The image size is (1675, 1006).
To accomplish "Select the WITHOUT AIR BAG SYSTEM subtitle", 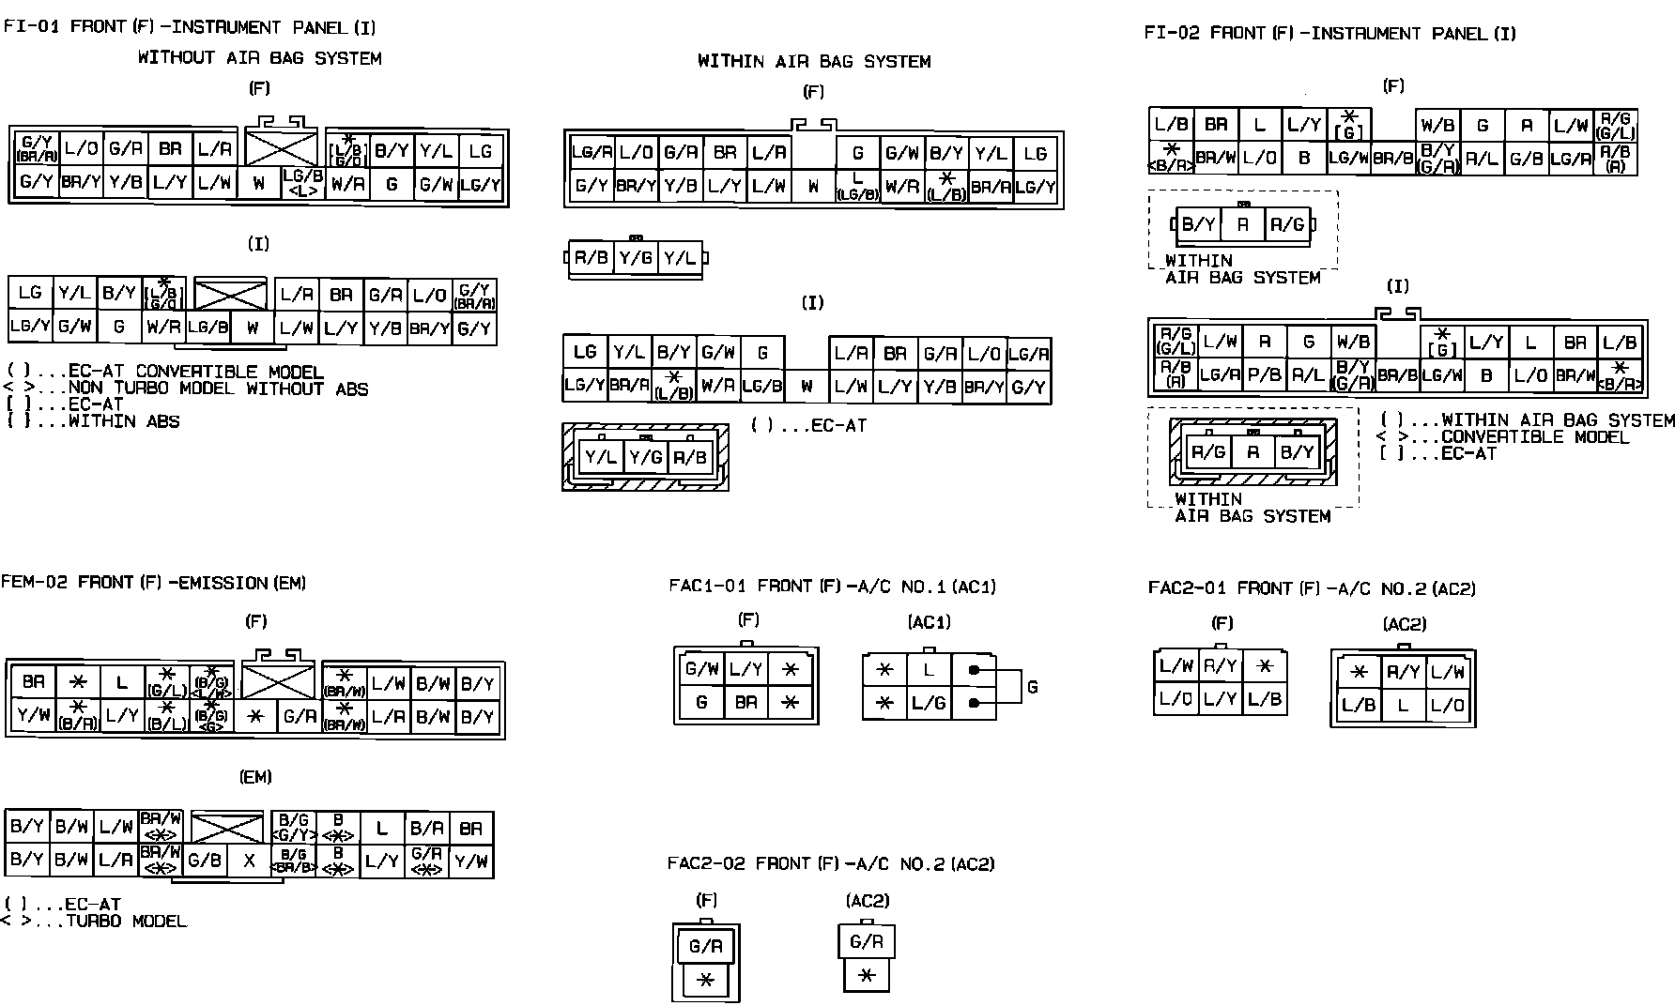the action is point(260,58).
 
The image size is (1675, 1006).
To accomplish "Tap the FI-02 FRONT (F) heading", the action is point(1329,34).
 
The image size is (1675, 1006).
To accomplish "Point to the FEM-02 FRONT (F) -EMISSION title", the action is point(154,583).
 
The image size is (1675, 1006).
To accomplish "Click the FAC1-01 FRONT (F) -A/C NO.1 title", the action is point(832,587).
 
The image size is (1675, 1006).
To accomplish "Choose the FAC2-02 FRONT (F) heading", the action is point(831,863).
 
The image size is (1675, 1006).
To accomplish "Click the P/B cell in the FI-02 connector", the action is point(1264,374).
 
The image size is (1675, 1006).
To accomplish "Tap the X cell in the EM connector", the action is point(249,861).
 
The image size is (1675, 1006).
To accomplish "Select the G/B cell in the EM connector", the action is point(205,861).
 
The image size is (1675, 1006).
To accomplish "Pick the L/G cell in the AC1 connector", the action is point(929,703).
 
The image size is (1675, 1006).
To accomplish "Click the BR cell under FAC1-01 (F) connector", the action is point(746,702).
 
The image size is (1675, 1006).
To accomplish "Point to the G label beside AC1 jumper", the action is point(1032,687).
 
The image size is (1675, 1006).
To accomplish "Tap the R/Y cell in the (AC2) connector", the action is point(1403,672).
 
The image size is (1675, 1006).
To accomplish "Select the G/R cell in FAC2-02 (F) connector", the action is point(705,946).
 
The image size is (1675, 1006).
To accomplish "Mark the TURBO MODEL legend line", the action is point(126,922).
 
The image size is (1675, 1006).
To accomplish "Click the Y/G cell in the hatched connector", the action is point(645,457).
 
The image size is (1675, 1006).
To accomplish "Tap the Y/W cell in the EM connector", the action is point(470,861).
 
